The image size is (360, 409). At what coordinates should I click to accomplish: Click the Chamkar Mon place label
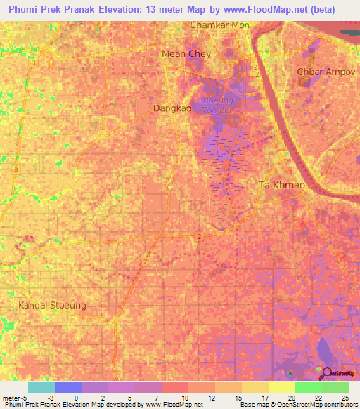tap(220, 25)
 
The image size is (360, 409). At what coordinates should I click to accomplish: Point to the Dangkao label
tap(172, 108)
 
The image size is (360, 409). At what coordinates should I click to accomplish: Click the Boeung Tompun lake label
tap(217, 106)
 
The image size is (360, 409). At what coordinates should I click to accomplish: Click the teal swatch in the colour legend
tap(41, 387)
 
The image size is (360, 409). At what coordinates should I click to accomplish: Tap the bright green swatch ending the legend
tap(335, 387)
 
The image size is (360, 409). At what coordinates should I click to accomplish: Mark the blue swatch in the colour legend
tap(67, 387)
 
